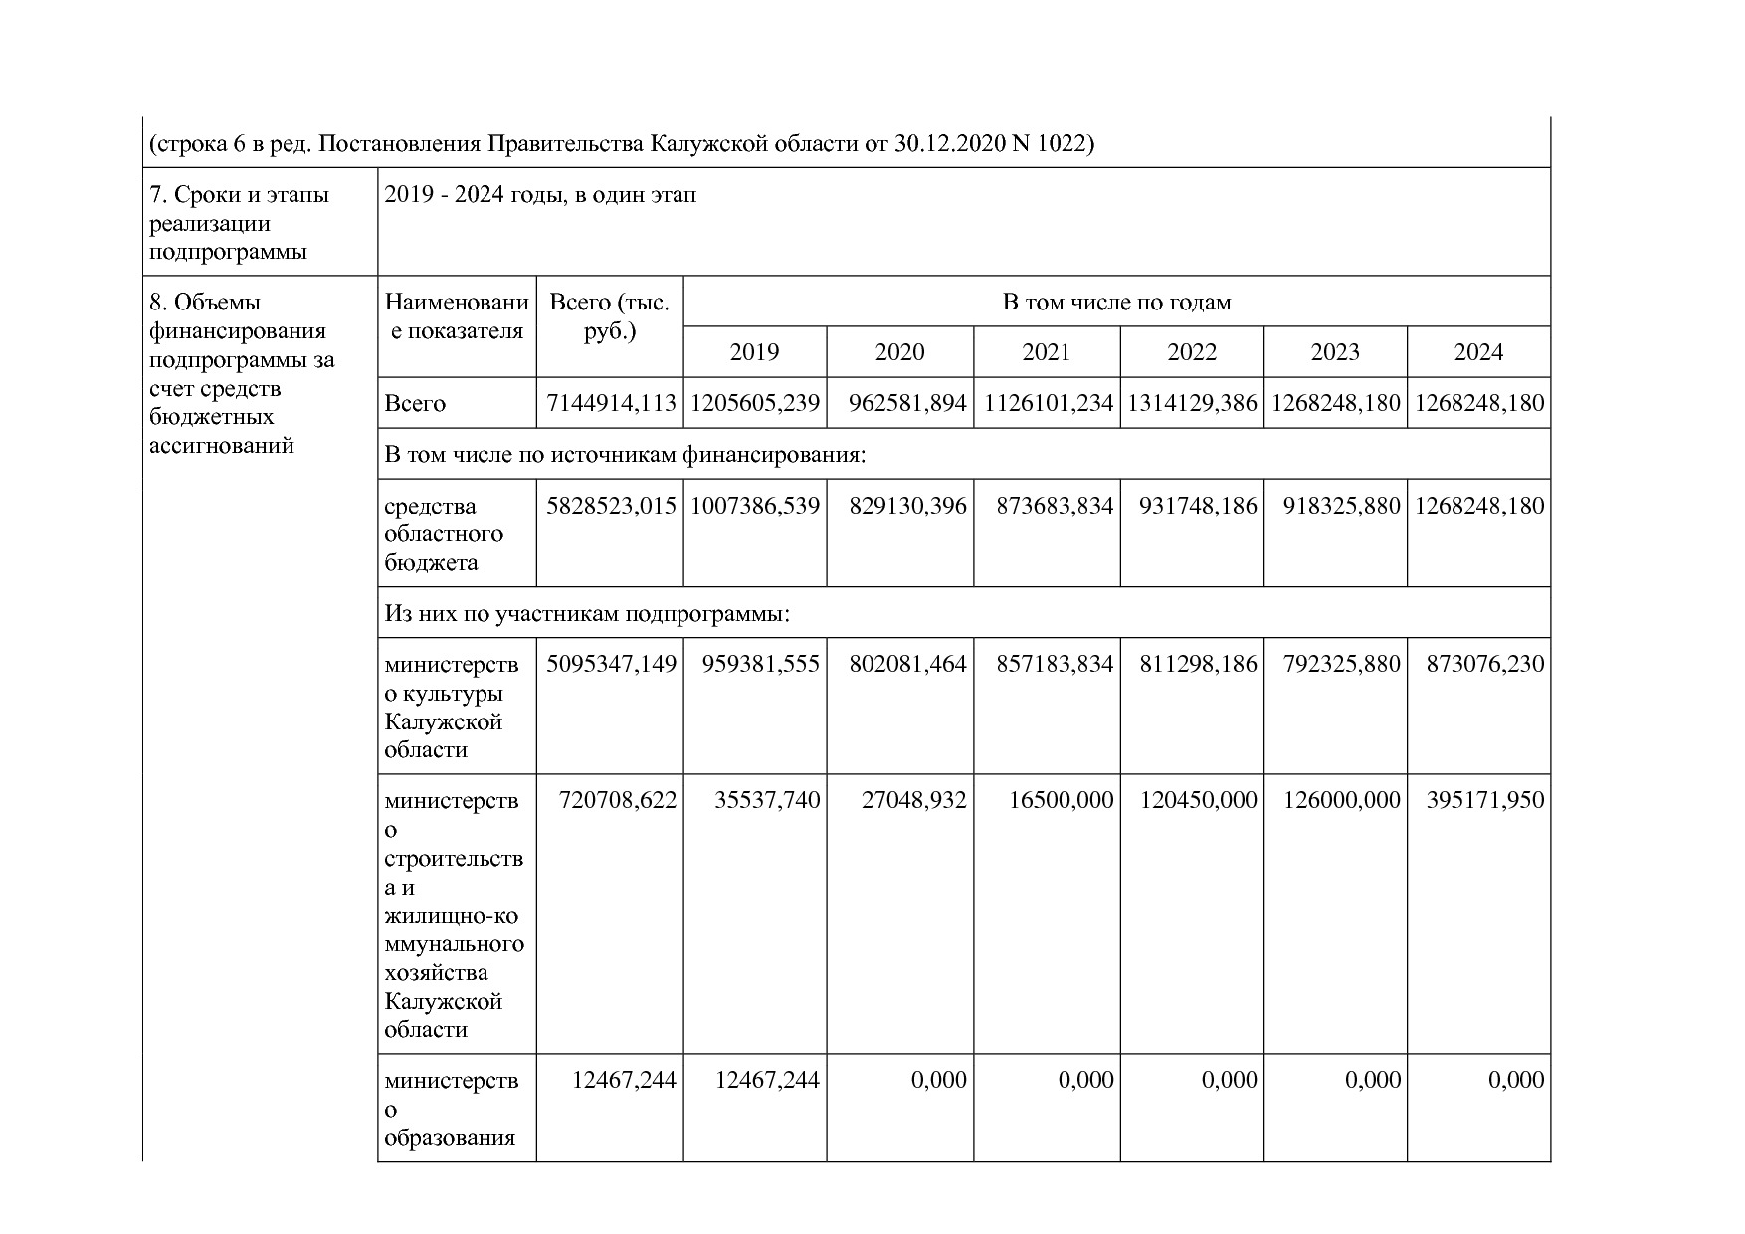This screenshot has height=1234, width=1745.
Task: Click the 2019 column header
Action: coord(754,352)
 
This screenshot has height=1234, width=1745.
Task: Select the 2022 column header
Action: coord(1191,352)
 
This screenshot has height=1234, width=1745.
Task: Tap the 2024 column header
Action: coord(1478,352)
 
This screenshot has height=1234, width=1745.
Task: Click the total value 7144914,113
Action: coord(611,404)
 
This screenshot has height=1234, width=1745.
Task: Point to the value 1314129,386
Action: coord(1192,404)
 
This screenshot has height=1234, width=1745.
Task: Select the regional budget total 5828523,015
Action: coord(611,507)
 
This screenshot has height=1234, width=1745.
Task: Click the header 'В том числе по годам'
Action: coord(1116,303)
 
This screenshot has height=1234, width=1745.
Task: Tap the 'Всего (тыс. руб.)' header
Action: coord(609,316)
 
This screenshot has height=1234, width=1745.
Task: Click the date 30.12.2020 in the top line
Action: coord(949,145)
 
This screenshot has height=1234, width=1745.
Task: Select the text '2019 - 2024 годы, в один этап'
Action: coord(540,195)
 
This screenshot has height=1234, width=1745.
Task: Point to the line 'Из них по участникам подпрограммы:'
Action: coord(587,614)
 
